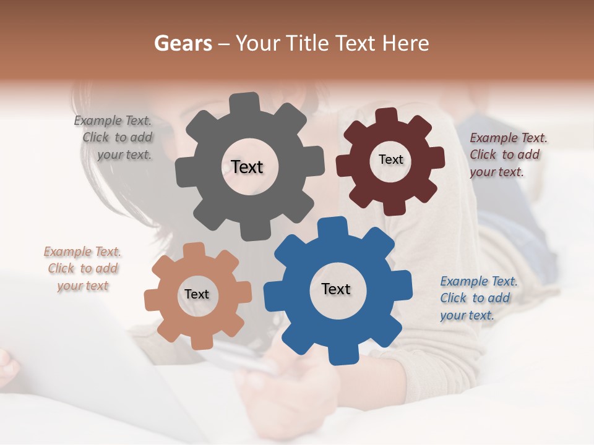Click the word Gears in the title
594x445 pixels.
[183, 43]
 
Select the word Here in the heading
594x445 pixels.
[406, 43]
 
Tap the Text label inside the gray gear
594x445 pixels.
[247, 167]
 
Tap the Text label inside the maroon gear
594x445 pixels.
[390, 159]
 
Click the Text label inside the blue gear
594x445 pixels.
[336, 289]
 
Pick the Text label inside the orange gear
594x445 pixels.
[197, 295]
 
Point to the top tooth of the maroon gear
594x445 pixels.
[387, 116]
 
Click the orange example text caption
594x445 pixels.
[82, 268]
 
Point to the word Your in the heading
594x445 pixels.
[259, 43]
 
